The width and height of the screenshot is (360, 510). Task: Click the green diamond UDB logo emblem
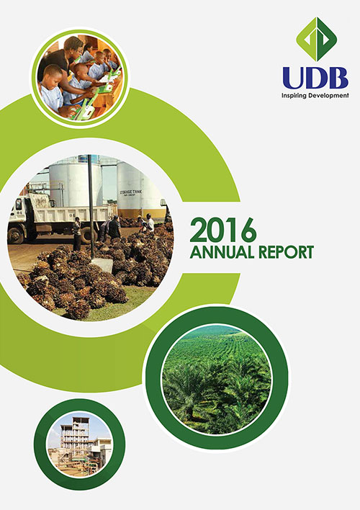pos(316,40)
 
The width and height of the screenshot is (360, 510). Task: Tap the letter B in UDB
pos(337,78)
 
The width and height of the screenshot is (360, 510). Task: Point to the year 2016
pos(223,230)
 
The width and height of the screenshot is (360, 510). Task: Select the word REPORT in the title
pos(284,252)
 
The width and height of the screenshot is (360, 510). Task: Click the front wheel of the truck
pos(15,236)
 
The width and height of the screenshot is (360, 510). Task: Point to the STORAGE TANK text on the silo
pos(131,192)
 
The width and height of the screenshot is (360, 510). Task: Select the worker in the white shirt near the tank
pos(150,223)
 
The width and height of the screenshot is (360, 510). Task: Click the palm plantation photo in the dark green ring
pos(217,379)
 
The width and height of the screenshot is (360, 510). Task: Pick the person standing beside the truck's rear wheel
pos(77,233)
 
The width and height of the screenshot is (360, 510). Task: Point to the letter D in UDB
pos(315,78)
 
